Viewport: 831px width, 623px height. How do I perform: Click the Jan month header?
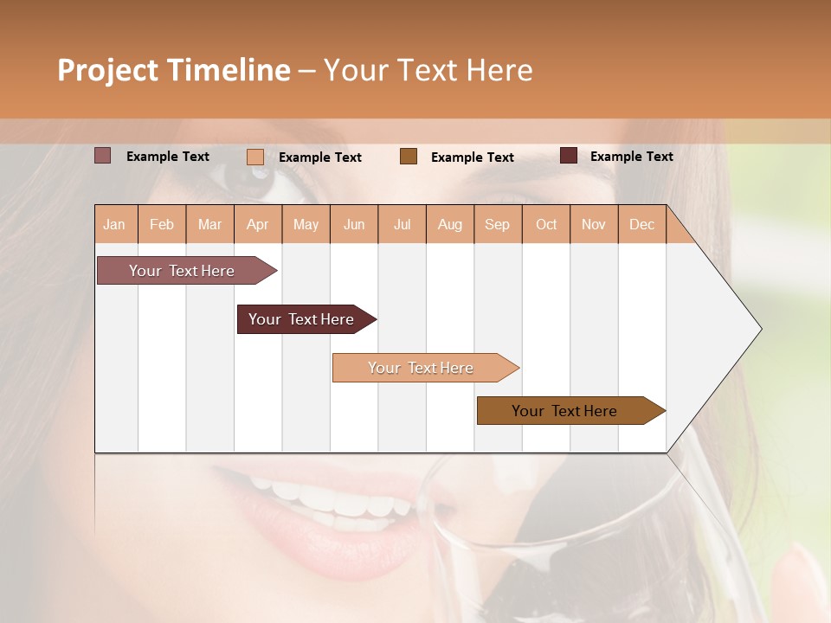[x=115, y=225]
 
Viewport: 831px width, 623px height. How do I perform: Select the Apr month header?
[x=258, y=225]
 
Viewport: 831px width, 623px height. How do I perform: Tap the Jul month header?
[x=403, y=225]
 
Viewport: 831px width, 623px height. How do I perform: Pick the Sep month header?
[x=498, y=225]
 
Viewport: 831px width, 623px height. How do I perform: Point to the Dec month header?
[x=642, y=225]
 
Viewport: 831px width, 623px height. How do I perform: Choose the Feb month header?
[x=162, y=225]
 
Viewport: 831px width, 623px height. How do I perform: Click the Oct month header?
[x=546, y=225]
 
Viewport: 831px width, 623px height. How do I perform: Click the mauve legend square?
[x=103, y=156]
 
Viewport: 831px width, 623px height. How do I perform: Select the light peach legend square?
[x=255, y=157]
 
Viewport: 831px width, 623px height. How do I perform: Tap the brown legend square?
[x=409, y=156]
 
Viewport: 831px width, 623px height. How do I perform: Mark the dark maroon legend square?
[x=569, y=156]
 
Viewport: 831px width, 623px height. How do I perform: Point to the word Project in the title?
[x=107, y=70]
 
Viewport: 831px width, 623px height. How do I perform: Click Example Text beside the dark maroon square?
[x=631, y=157]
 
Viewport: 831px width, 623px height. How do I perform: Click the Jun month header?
[x=354, y=225]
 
